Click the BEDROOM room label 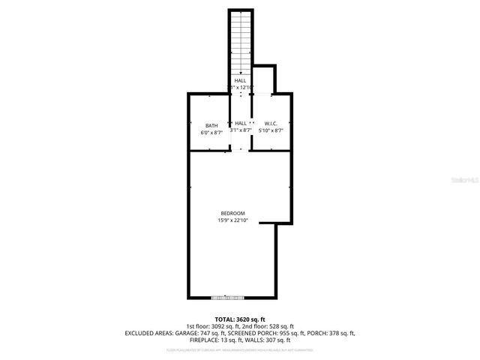[x=232, y=213]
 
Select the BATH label [x=212, y=124]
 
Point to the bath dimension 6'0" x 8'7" [x=212, y=132]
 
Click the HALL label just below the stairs [x=240, y=80]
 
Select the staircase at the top [x=240, y=41]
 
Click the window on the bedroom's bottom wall [x=227, y=296]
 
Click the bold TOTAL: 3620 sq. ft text [x=239, y=319]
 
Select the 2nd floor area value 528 [x=270, y=325]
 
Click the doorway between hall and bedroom [x=240, y=149]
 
